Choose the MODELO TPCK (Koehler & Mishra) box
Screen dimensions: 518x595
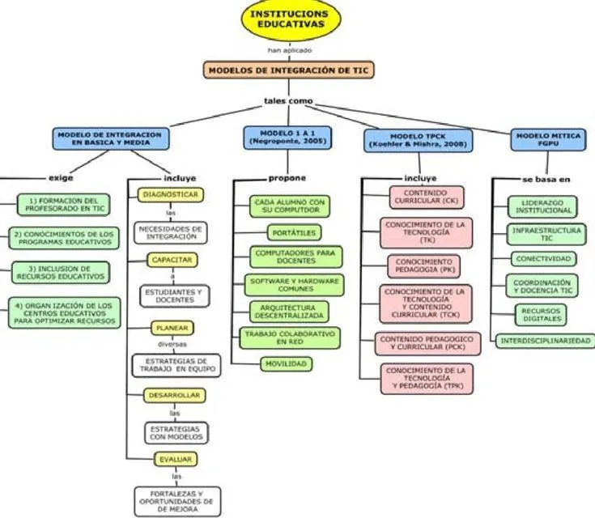[418, 139]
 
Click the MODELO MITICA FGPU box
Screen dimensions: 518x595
[549, 139]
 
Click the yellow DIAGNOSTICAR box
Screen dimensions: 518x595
[171, 196]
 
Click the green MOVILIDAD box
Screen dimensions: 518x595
[287, 364]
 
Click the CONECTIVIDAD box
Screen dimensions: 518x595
[543, 259]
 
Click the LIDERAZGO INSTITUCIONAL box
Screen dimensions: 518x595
[543, 206]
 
